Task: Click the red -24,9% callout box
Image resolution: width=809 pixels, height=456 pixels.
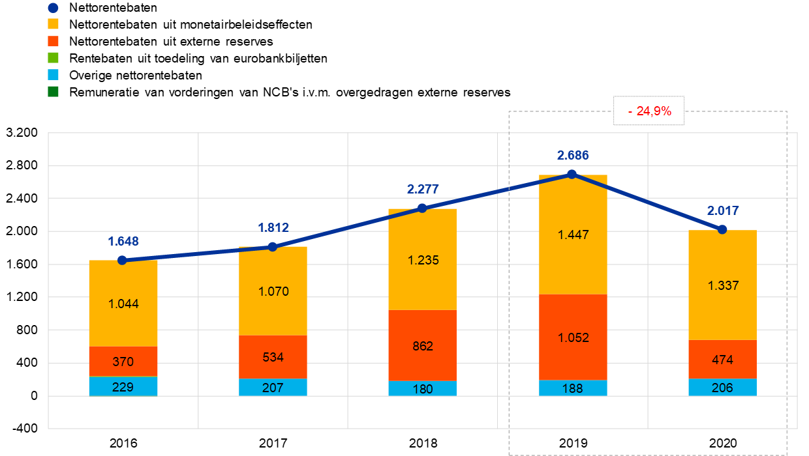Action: [x=649, y=111]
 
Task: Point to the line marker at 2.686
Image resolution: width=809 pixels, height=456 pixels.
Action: [x=572, y=174]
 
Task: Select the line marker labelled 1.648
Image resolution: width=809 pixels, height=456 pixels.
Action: [x=122, y=261]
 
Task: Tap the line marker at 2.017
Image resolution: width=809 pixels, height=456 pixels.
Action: [x=722, y=229]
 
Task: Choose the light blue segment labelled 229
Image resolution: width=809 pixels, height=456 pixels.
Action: [x=123, y=387]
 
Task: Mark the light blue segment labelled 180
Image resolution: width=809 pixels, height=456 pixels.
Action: [x=422, y=389]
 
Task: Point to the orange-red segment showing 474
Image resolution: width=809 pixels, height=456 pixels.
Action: [x=722, y=359]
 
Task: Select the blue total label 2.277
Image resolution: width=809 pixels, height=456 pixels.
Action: [x=423, y=190]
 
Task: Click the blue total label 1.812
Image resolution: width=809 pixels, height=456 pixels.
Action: [x=273, y=228]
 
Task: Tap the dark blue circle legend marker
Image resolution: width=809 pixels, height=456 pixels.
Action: [x=53, y=8]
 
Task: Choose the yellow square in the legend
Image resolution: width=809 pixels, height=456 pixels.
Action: [x=53, y=24]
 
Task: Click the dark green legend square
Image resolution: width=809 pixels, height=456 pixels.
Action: [x=53, y=92]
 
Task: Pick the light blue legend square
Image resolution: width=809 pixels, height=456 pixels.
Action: [x=53, y=75]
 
